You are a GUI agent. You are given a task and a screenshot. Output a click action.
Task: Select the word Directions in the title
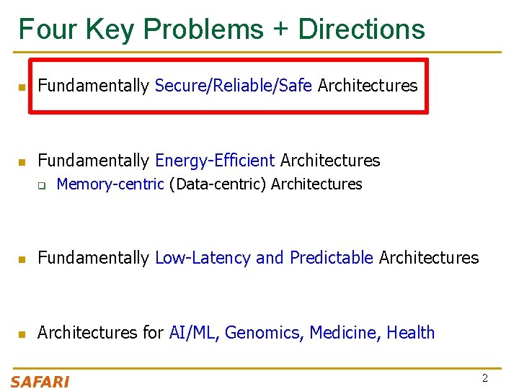coord(361,30)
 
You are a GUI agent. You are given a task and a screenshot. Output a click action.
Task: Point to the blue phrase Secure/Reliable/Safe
coord(234,86)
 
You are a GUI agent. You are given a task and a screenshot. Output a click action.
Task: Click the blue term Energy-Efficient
coord(215,160)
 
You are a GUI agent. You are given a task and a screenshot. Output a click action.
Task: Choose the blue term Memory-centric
coord(110,184)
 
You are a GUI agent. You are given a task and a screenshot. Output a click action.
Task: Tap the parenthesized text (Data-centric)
coord(218,184)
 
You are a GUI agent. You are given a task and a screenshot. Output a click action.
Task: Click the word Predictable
coord(331,258)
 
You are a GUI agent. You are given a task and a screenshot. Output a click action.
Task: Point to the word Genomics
coord(265,333)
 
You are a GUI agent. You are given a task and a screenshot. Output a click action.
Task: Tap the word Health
coord(411,333)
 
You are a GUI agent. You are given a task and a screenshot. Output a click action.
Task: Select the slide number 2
coord(485,378)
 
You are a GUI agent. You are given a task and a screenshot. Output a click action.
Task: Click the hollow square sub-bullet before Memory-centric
coord(42,186)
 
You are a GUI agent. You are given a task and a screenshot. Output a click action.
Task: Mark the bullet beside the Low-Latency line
coord(22,259)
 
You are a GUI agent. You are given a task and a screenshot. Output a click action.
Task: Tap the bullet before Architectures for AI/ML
coord(22,334)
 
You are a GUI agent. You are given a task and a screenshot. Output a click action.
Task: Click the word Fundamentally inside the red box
coord(93,86)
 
